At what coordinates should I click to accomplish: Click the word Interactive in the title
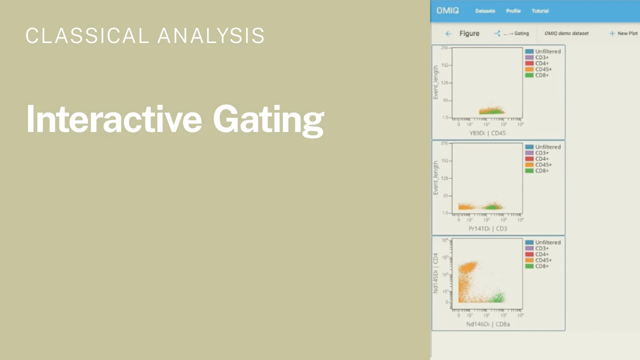(113, 119)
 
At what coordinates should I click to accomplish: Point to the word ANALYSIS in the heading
(211, 35)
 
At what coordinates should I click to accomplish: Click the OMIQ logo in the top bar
(447, 10)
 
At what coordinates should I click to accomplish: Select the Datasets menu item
(485, 11)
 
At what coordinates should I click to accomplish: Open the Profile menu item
(513, 11)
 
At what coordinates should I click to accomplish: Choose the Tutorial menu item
(540, 11)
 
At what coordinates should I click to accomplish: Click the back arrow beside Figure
(448, 33)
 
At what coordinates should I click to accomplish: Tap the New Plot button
(624, 33)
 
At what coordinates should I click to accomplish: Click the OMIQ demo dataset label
(566, 33)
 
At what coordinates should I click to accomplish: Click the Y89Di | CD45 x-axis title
(487, 133)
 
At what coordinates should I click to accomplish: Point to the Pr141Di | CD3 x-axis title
(487, 228)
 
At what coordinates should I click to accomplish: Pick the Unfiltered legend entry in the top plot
(547, 51)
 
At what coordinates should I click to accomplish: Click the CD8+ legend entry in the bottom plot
(542, 266)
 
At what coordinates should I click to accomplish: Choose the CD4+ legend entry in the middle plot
(542, 159)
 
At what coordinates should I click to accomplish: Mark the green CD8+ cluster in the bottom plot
(497, 298)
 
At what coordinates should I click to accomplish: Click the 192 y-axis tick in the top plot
(444, 65)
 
